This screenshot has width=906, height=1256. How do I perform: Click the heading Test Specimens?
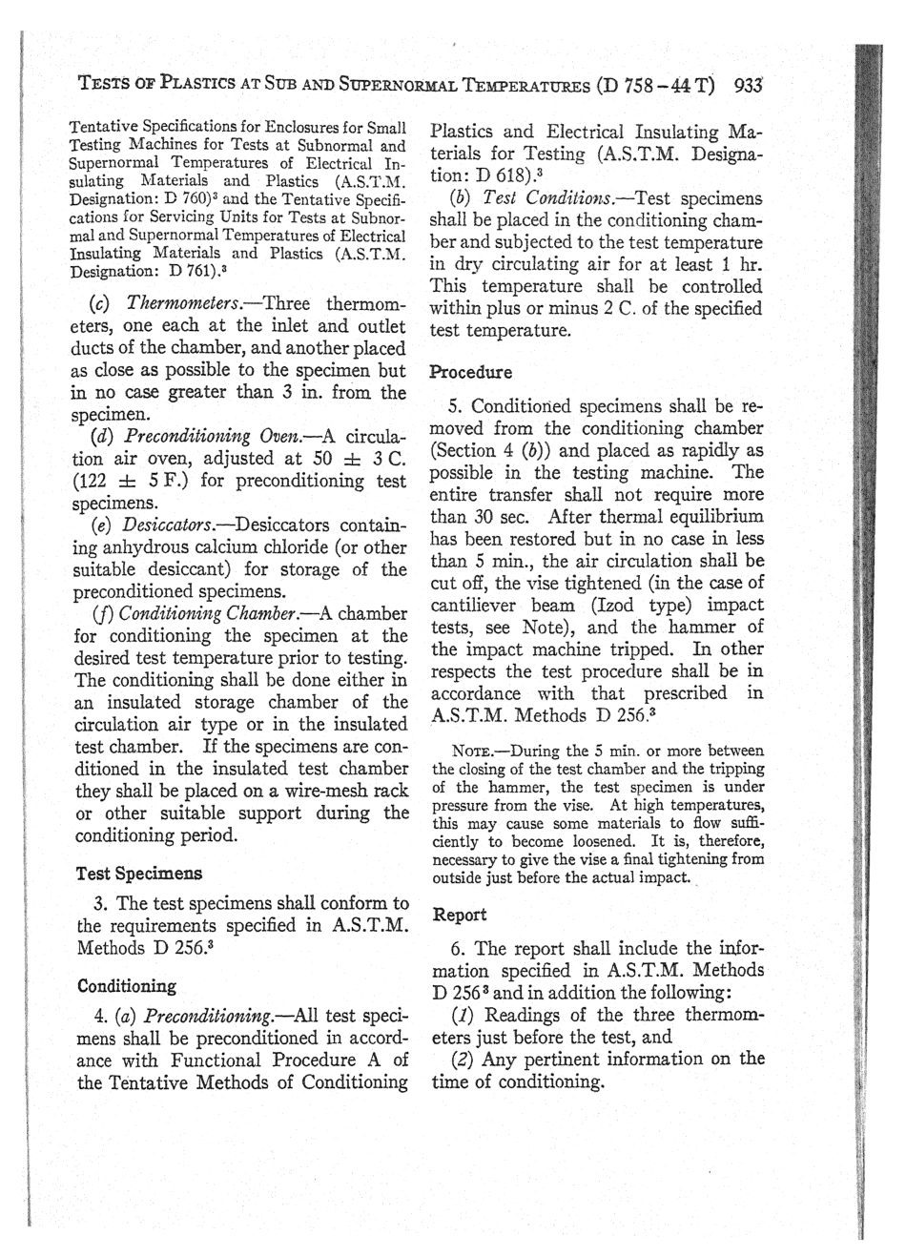point(138,873)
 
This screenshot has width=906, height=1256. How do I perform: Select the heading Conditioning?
point(126,985)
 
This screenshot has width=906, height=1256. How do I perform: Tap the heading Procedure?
point(471,371)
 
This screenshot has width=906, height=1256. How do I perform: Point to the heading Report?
point(460,915)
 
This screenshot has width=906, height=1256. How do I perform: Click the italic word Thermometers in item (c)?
point(177,304)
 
